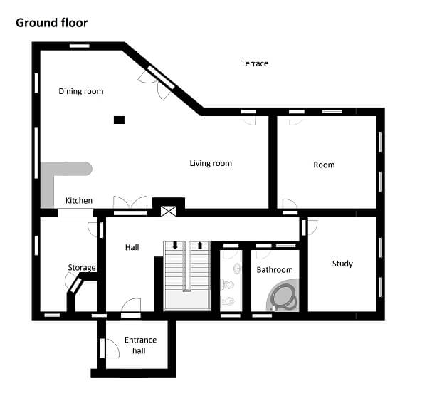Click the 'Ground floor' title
coord(52,23)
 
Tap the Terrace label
coord(254,63)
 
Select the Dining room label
coord(80,91)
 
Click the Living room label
coord(211,163)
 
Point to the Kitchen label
coord(79,201)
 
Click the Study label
coord(342,264)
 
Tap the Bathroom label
coord(275,270)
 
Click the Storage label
coord(81,268)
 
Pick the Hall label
coord(132,247)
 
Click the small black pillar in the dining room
coord(120,120)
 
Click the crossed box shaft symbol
coord(168,211)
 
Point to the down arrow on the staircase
coord(175,246)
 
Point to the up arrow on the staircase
coord(200,246)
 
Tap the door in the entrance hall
coord(110,348)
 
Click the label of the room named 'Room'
coord(324,165)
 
